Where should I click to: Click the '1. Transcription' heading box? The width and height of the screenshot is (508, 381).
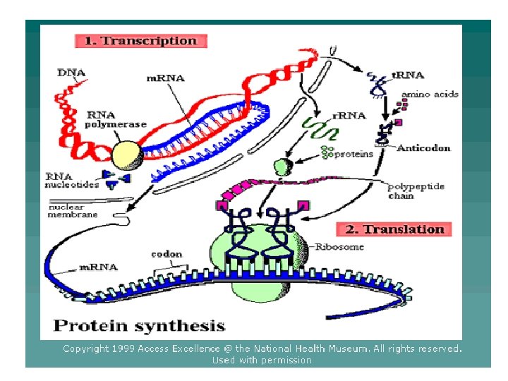point(140,41)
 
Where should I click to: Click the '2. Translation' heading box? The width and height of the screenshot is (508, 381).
point(394,229)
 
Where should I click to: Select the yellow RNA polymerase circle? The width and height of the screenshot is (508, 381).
point(127,153)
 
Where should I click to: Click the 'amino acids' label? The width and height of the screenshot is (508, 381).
point(430,94)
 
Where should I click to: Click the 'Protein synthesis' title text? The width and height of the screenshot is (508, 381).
point(140,326)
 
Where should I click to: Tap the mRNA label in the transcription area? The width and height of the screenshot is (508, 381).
point(165,78)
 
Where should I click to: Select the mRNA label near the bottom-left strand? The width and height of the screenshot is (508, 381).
point(98,267)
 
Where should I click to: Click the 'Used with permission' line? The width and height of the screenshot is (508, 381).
point(262,360)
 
